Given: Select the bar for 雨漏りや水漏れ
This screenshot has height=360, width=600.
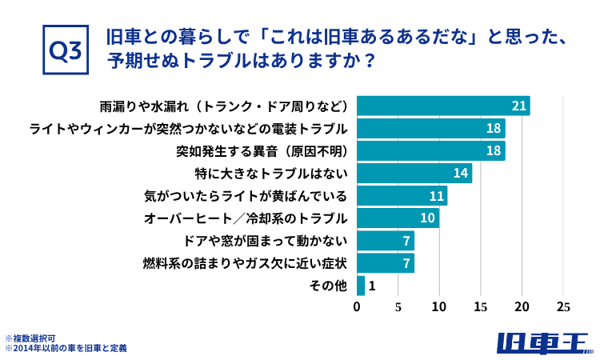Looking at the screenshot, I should [442, 106].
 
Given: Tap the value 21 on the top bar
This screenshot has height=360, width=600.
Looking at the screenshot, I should [518, 106].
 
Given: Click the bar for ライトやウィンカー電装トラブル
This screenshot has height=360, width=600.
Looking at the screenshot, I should [430, 128].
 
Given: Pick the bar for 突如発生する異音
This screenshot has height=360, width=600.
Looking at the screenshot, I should [430, 150].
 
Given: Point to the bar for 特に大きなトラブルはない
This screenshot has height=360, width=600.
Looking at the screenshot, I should [414, 173].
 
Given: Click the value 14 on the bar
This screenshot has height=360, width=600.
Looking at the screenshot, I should [460, 173].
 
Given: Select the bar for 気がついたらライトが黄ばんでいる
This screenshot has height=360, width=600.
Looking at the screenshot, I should [402, 195].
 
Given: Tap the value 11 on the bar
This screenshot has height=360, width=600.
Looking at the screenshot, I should [436, 195].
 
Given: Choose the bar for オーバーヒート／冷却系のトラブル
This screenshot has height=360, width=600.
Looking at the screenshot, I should [397, 218].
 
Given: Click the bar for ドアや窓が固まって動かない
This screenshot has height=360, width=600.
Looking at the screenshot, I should [385, 240].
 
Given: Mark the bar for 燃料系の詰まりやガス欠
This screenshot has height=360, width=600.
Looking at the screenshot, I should [385, 262].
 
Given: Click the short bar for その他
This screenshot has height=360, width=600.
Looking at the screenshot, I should [361, 286].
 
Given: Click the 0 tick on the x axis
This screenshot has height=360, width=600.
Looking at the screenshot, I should [357, 306].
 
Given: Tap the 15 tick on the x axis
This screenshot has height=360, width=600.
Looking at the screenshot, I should [481, 306].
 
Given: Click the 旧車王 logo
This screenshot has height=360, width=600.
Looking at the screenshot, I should [543, 342].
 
